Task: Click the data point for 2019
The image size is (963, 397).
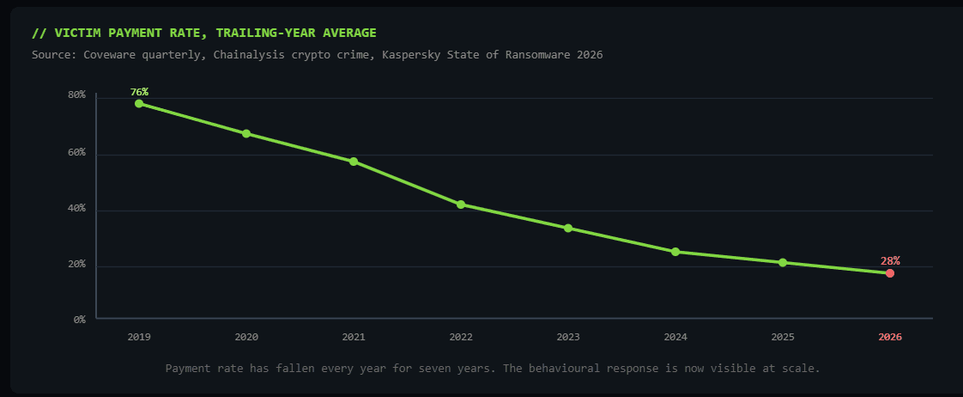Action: click(x=139, y=103)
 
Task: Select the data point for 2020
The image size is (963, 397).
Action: click(x=246, y=133)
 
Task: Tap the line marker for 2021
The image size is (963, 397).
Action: click(x=354, y=162)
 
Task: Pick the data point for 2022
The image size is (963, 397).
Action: click(x=461, y=205)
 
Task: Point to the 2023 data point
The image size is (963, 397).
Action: click(x=568, y=228)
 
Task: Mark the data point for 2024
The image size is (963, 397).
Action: click(x=675, y=252)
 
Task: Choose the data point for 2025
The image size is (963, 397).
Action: click(x=783, y=262)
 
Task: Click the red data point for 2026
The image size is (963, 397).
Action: click(x=890, y=273)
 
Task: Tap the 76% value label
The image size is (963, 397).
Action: click(x=139, y=92)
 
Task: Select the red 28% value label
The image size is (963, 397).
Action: click(x=890, y=261)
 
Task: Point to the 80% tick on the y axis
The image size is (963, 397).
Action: click(x=76, y=95)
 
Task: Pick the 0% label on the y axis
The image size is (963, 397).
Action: click(x=79, y=320)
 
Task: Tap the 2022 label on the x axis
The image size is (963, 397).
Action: click(x=461, y=337)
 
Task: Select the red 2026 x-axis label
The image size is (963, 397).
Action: click(x=890, y=337)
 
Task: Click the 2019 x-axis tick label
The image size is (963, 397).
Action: click(x=139, y=337)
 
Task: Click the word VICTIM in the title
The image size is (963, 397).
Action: click(x=75, y=33)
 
